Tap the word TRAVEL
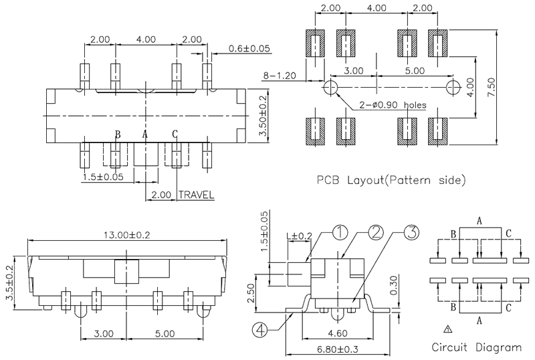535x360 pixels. (196, 195)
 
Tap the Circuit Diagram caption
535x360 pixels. (476, 347)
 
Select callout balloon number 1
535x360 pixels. (340, 233)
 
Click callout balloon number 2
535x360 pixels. (376, 233)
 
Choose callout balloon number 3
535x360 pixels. (411, 233)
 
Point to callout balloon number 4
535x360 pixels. (260, 329)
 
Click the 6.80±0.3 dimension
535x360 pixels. (339, 349)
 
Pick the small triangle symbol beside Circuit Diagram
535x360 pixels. (447, 329)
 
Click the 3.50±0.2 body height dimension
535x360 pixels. (263, 116)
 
